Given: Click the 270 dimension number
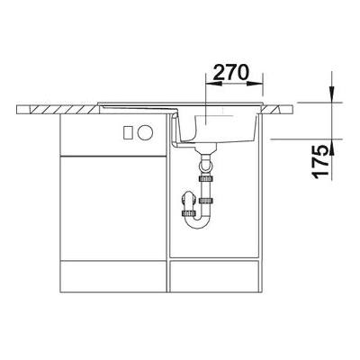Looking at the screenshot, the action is click(x=231, y=72).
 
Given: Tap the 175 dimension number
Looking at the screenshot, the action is click(x=320, y=162).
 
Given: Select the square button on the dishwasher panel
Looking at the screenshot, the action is click(x=129, y=132).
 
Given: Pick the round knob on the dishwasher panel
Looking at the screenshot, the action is click(x=145, y=132).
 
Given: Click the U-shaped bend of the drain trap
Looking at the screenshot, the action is click(x=196, y=222).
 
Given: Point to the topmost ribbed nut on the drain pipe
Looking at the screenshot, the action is click(x=205, y=179).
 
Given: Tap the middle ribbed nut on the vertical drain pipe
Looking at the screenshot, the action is click(x=205, y=200).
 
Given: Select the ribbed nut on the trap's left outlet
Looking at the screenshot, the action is click(x=188, y=213).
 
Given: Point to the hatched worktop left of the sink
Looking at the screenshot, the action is click(x=58, y=110).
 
